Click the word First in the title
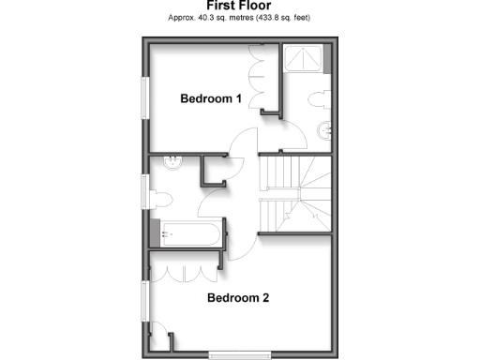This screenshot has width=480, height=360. [219, 6]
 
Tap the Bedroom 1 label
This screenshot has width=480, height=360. [211, 98]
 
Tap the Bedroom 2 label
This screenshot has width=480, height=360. [238, 299]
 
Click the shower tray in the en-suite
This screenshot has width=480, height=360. [306, 60]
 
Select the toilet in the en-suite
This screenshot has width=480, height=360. [315, 97]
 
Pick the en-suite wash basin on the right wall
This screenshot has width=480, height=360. [327, 130]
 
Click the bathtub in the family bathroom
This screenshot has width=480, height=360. [192, 232]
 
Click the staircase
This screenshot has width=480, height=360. [294, 192]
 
